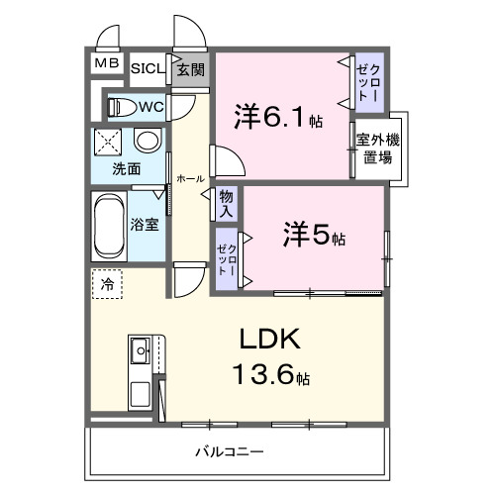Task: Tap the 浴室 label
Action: point(146,224)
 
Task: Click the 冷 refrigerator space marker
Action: point(107,284)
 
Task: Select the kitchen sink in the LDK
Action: point(139,349)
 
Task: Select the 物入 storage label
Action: point(227,204)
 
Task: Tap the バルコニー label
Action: point(229,452)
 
